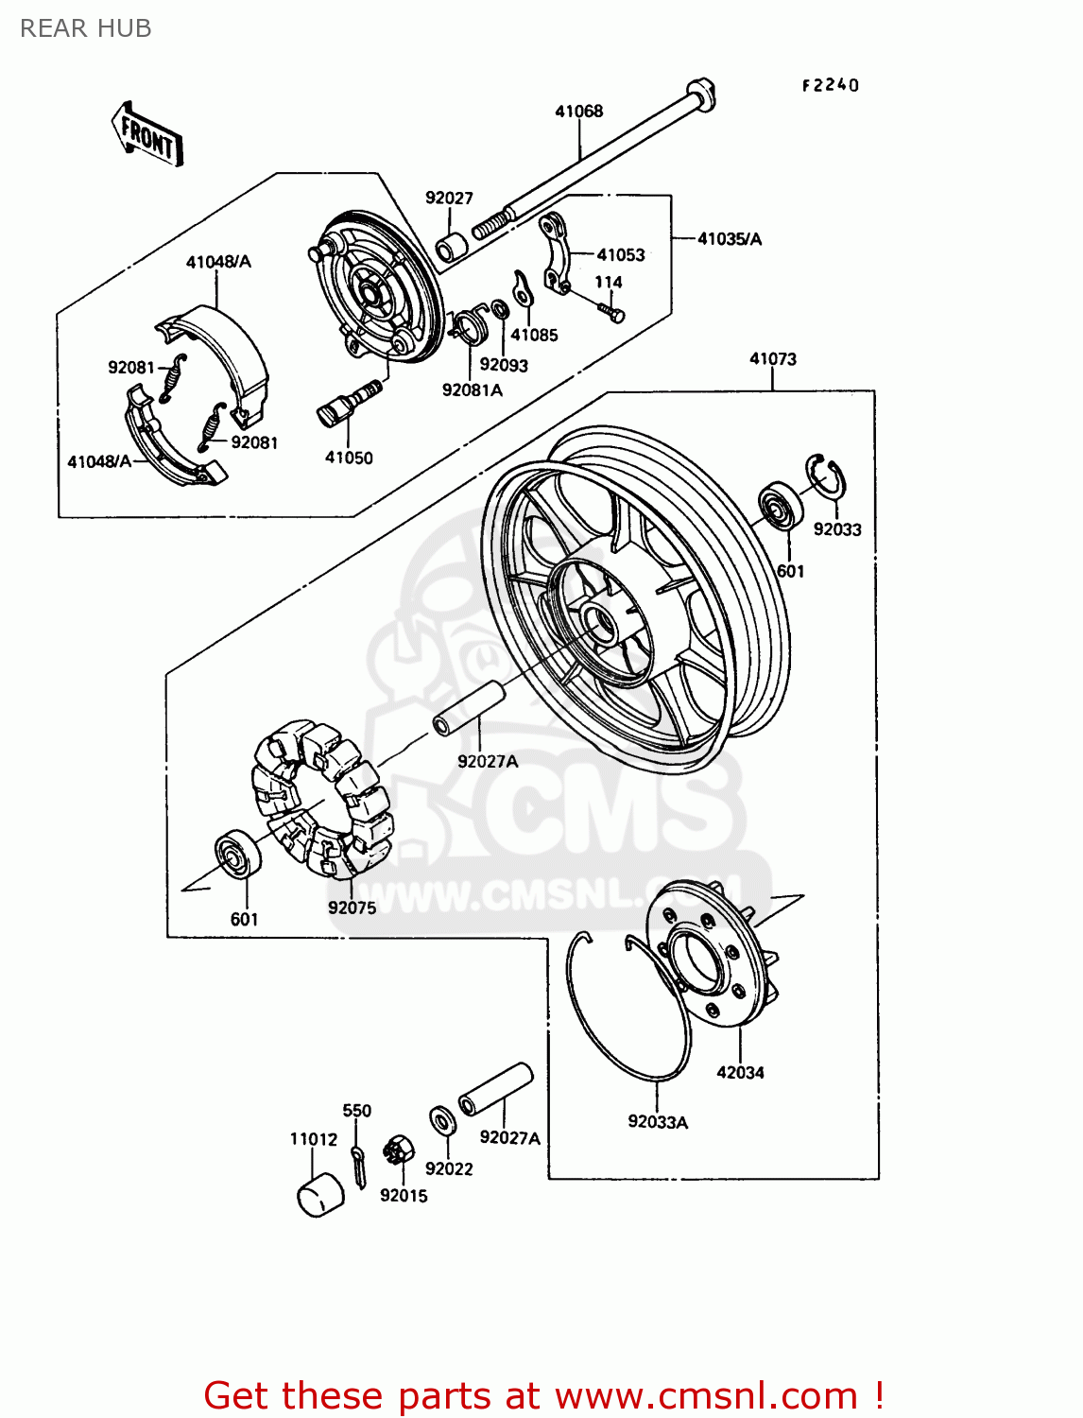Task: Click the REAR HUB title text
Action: [85, 29]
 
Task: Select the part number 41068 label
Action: [578, 112]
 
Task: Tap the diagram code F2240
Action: [831, 85]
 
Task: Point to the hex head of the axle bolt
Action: [700, 93]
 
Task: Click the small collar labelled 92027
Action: [452, 248]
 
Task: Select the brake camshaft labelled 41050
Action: [348, 403]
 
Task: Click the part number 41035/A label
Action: [729, 239]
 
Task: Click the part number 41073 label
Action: [772, 359]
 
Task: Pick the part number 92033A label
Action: [658, 1122]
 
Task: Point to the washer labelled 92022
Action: [441, 1121]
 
